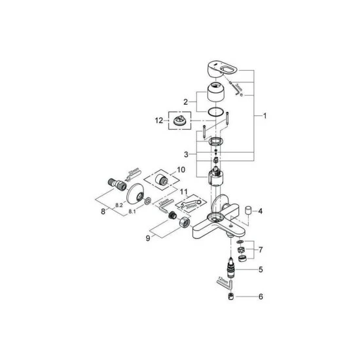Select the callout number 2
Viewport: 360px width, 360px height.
(186, 102)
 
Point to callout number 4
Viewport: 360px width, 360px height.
(260, 211)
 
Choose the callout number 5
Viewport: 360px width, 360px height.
(260, 269)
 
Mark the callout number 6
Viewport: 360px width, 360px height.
(260, 297)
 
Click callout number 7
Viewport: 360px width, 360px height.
(260, 251)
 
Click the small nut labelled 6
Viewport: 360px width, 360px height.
(230, 297)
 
